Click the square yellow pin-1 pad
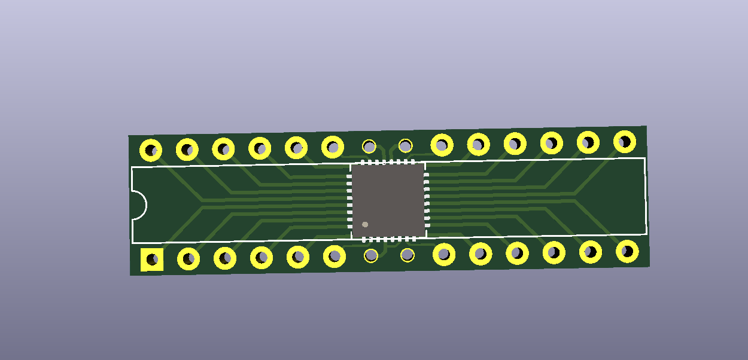point(152,260)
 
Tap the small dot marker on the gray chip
point(365,225)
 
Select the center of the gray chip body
point(388,200)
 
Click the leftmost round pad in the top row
point(151,150)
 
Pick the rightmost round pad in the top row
point(625,142)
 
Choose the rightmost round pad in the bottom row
point(627,251)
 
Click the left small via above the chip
point(369,146)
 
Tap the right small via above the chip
point(406,145)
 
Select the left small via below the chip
point(371,256)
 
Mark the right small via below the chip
point(408,255)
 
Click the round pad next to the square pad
point(188,259)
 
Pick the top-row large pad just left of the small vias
point(333,147)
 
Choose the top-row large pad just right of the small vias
point(442,144)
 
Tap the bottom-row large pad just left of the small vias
point(335,257)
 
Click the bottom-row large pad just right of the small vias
point(444,254)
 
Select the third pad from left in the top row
point(223,148)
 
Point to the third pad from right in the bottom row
point(554,252)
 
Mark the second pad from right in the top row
point(588,142)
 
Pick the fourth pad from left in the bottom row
point(262,258)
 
